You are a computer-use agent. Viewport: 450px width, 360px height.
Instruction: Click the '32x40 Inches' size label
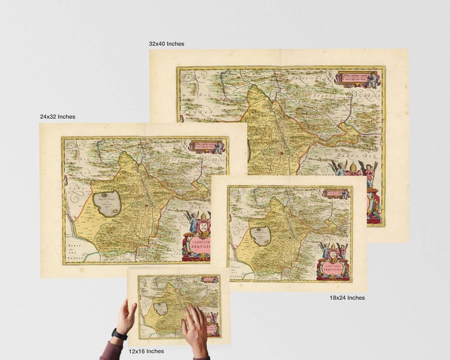166,44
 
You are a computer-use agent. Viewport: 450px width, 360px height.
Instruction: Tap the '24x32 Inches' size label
57,117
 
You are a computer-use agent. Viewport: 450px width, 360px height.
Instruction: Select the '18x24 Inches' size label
347,298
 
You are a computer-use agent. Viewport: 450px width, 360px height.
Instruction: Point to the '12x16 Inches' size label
146,351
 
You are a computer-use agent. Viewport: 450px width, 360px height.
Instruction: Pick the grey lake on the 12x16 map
160,308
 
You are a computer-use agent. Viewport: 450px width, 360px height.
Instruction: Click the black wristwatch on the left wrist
119,334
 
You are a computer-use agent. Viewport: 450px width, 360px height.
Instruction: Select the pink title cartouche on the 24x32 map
196,245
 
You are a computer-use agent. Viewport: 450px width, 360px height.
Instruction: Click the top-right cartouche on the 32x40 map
358,78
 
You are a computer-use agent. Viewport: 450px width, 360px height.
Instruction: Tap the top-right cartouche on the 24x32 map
206,146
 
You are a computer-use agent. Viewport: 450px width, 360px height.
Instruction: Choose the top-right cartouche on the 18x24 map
336,194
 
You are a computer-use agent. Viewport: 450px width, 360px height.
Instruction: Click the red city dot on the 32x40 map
282,153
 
